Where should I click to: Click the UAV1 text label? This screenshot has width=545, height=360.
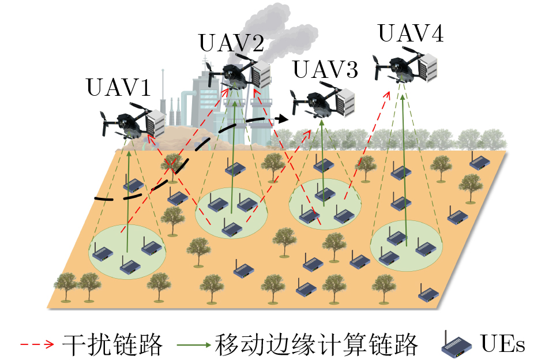tap(119, 87)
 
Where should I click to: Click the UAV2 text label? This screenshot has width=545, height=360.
tap(231, 43)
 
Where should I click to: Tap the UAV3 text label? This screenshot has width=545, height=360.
tap(326, 69)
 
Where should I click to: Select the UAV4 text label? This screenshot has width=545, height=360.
tap(411, 33)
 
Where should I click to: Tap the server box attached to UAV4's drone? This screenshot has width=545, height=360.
tap(428, 67)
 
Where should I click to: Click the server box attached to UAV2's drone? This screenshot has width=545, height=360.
tap(261, 75)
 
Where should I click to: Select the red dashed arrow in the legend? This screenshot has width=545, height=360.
tap(37, 344)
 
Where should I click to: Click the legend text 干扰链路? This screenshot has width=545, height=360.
tap(112, 344)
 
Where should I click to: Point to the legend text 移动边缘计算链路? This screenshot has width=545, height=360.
tap(316, 344)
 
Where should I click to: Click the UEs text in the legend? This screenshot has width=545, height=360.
tap(502, 344)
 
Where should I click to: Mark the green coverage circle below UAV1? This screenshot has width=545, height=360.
tap(127, 252)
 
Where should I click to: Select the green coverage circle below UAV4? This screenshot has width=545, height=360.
tap(407, 246)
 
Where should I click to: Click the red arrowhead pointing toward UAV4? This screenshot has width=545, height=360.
tap(387, 95)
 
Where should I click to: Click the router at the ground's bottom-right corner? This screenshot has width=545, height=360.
tap(429, 294)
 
